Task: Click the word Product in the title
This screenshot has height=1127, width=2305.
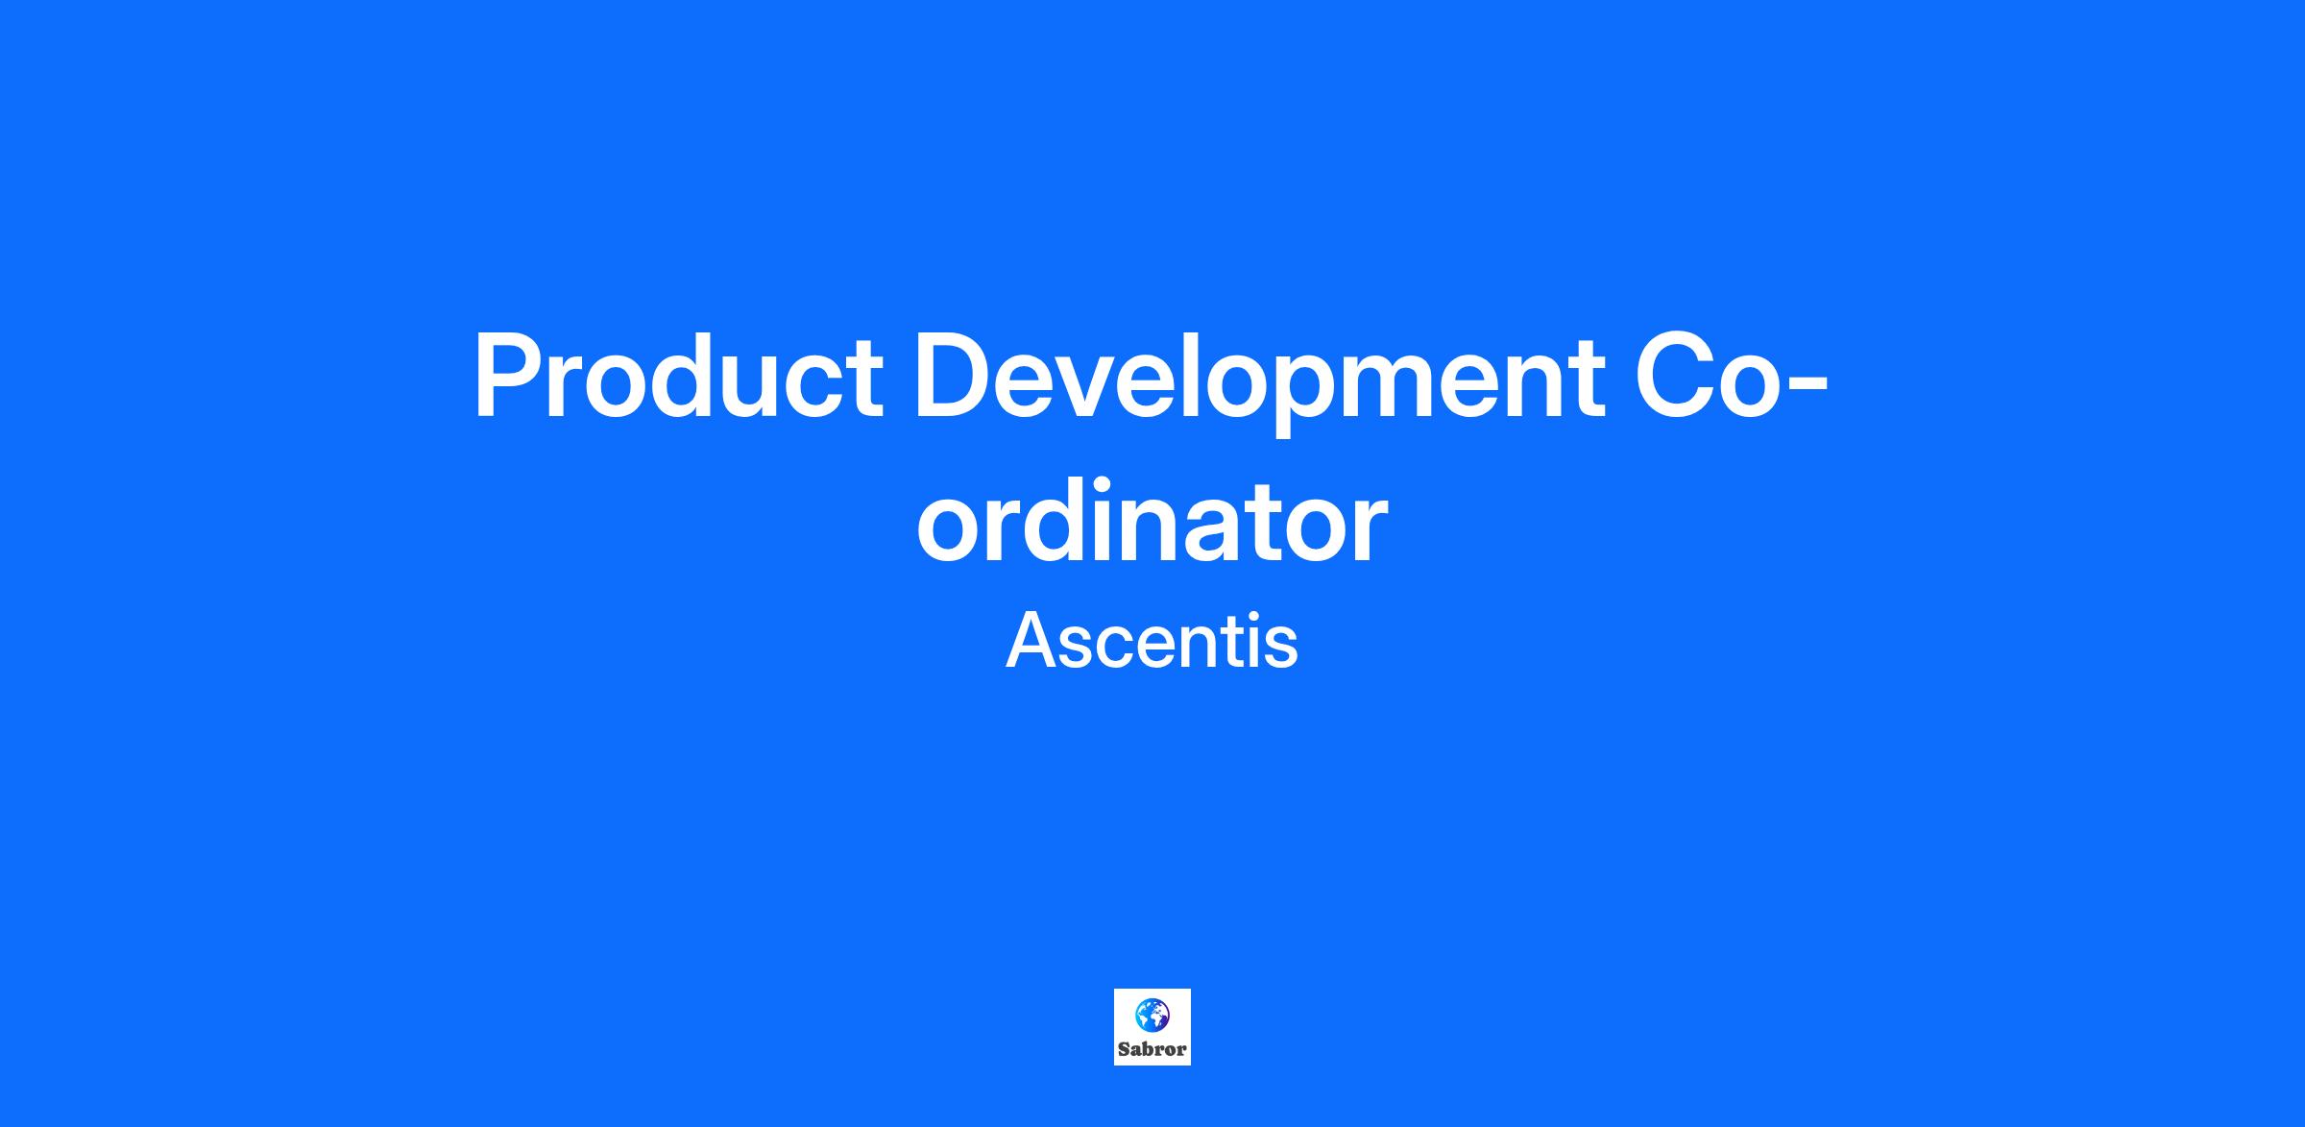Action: pos(678,377)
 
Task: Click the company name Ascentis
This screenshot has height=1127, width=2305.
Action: pos(1152,642)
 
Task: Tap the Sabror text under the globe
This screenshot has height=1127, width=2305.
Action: pos(1152,1049)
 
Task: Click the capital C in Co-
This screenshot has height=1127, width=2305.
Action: pos(1675,376)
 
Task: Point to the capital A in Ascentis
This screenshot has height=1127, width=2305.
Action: pos(1033,641)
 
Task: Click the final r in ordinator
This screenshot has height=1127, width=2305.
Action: pos(1369,533)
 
